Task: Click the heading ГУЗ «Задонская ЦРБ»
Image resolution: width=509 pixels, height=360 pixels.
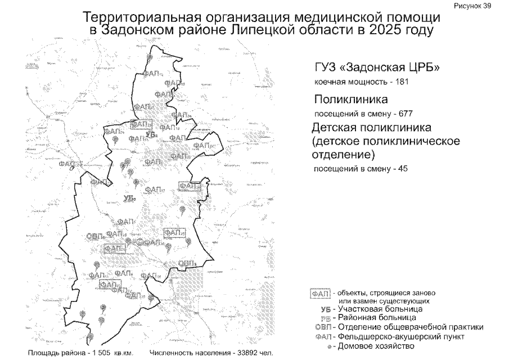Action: point(377,68)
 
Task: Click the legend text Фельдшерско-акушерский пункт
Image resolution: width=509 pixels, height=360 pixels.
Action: point(400,336)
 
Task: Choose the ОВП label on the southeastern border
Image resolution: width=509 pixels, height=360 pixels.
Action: point(186,263)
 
